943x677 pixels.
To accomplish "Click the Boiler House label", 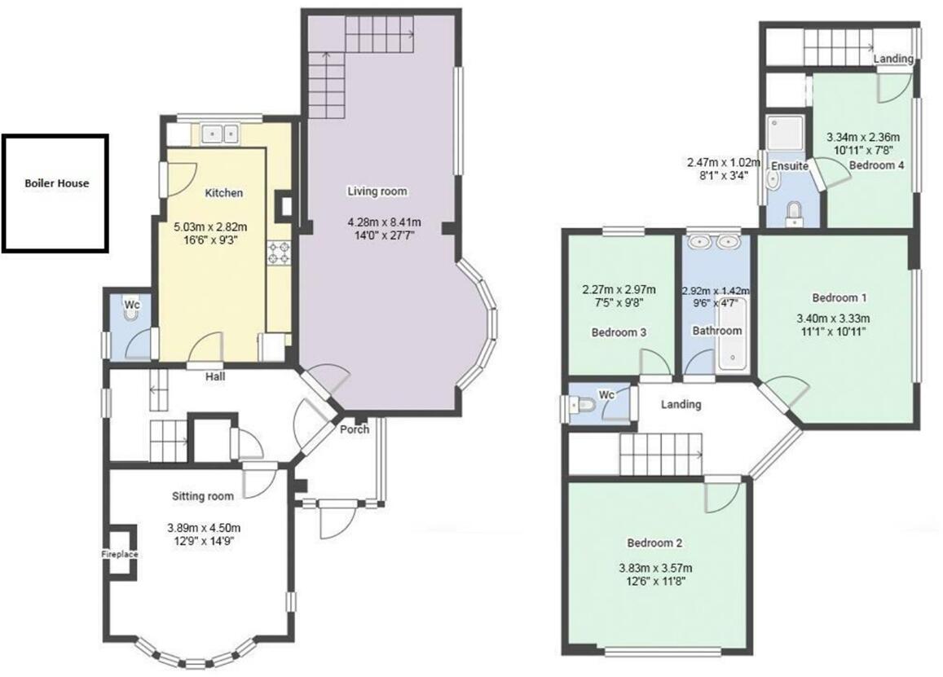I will (56, 183).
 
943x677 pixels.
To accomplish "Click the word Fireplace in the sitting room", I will (120, 554).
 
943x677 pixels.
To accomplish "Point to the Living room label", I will (377, 191).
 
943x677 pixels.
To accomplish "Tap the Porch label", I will (355, 429).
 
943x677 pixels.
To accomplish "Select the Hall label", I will (215, 376).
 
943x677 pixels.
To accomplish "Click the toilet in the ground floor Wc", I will (133, 310).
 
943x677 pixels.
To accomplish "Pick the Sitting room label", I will (202, 495).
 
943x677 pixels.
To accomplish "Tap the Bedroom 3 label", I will (619, 332).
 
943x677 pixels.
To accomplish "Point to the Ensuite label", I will (790, 166).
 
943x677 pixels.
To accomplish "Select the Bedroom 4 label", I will (876, 165).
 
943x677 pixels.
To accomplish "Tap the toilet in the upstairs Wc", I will (581, 404).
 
